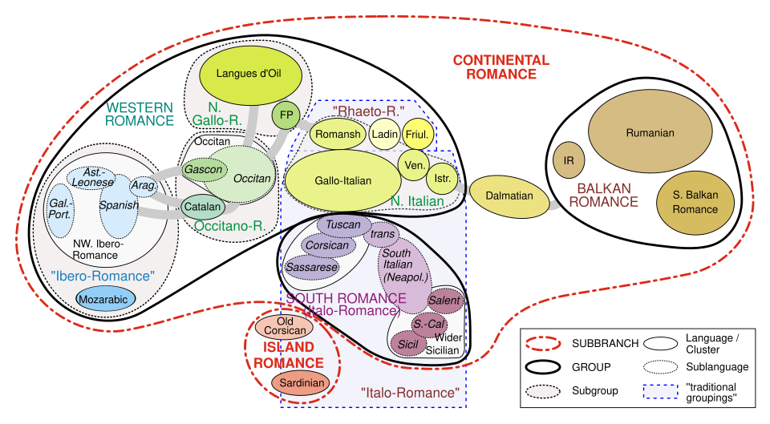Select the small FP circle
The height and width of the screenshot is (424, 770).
point(285,115)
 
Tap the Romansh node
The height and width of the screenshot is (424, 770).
point(338,134)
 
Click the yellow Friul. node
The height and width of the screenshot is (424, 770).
point(417,134)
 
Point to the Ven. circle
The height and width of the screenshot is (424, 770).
point(414,165)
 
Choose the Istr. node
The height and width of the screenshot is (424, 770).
point(442,176)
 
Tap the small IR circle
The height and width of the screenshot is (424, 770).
point(569,160)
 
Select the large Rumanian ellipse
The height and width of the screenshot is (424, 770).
point(650,133)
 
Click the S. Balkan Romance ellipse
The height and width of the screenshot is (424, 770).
point(695,202)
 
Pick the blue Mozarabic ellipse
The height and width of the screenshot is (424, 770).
point(106,299)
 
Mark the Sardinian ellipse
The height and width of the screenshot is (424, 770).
point(302,382)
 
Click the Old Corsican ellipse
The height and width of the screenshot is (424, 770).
point(285,326)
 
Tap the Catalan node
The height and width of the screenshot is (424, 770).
point(202,206)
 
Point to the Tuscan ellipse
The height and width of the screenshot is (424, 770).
point(344,225)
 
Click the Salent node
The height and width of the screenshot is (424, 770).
point(444,301)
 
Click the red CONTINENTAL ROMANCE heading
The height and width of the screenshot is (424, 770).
point(500,67)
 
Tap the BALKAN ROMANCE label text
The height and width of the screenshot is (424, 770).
point(603,195)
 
